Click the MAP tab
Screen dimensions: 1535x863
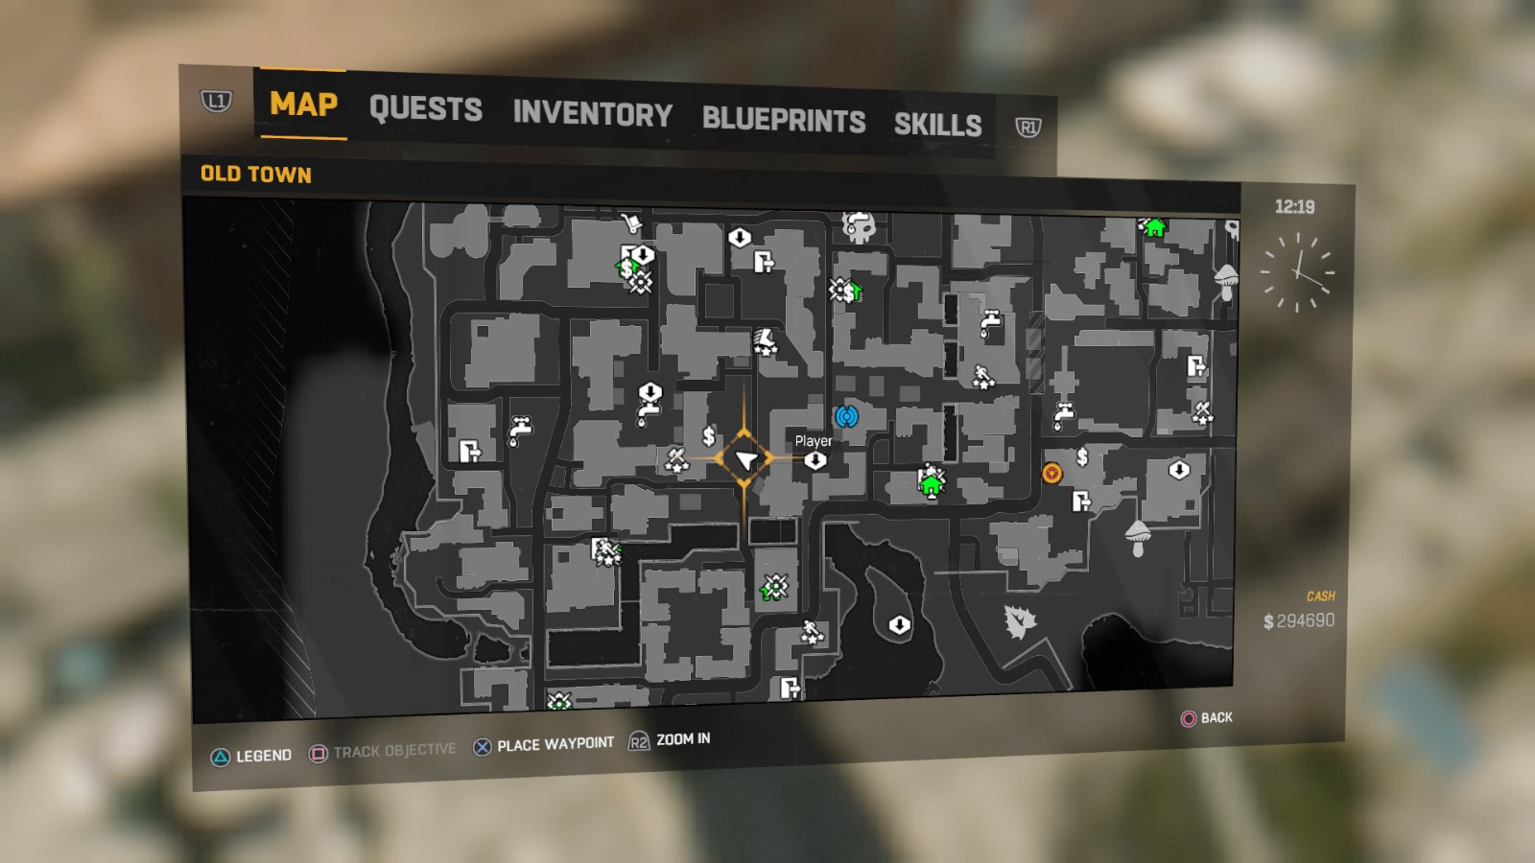(x=303, y=104)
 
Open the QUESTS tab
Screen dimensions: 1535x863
(x=425, y=109)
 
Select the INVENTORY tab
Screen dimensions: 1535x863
(x=592, y=114)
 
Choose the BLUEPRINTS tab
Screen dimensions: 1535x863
(x=783, y=120)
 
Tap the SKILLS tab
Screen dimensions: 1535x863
(x=937, y=125)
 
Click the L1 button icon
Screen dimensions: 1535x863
(x=216, y=101)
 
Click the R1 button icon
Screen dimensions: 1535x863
(x=1027, y=128)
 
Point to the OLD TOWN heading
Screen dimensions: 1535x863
(x=255, y=175)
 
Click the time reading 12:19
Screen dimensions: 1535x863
(x=1294, y=207)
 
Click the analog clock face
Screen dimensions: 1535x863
(x=1297, y=273)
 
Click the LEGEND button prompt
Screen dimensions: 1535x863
(x=251, y=756)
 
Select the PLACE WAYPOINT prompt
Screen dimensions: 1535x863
(x=544, y=745)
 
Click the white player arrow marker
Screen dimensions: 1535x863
(x=745, y=460)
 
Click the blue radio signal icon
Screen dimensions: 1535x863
(x=845, y=416)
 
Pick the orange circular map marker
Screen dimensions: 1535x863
(x=1052, y=473)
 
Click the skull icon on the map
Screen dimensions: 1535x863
(x=859, y=227)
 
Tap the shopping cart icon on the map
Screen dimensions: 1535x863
(x=630, y=223)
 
